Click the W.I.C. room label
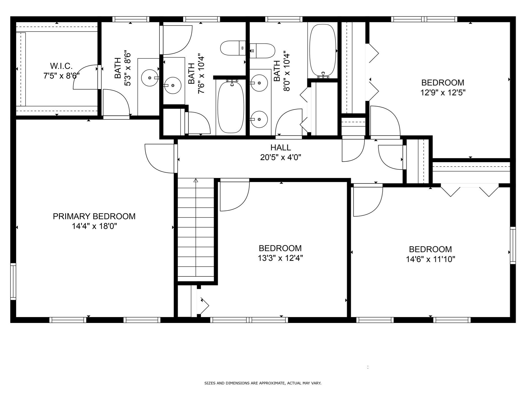tap(61, 66)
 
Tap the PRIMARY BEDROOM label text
tap(94, 216)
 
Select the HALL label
tap(280, 147)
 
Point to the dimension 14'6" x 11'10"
tap(430, 259)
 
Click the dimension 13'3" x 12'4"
tap(280, 258)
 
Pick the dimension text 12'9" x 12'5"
tap(443, 92)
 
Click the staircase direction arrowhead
tap(196, 180)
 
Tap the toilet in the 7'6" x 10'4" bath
tap(233, 48)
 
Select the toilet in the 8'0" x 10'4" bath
tap(262, 51)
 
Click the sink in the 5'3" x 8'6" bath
tap(150, 77)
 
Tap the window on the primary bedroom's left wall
tap(13, 281)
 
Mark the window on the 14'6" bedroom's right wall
tap(513, 245)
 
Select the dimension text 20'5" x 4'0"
tap(280, 157)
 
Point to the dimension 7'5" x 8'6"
tap(61, 76)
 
